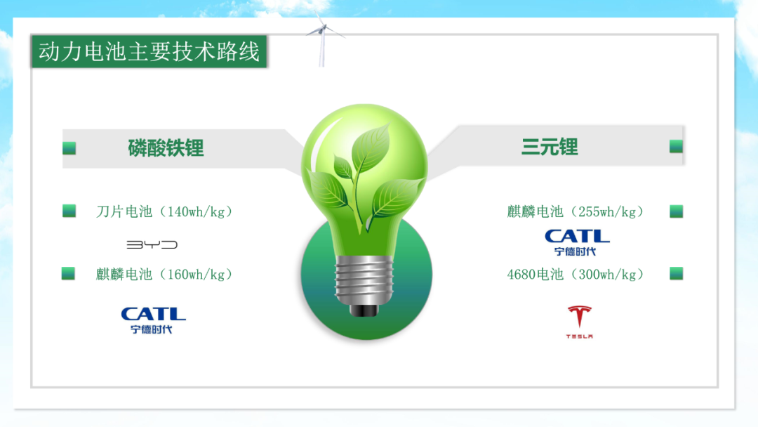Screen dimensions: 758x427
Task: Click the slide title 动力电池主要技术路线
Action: [x=149, y=51]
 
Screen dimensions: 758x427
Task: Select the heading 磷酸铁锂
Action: [x=166, y=148]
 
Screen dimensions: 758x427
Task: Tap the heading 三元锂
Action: [x=550, y=147]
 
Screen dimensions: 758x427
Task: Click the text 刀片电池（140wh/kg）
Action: [x=164, y=211]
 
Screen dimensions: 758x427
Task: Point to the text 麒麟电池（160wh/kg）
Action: [x=164, y=274]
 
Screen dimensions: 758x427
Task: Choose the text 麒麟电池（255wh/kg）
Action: [x=576, y=211]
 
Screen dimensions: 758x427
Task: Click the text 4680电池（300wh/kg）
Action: [x=576, y=274]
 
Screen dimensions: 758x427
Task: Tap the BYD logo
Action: [x=152, y=244]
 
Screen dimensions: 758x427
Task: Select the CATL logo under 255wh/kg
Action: [x=577, y=242]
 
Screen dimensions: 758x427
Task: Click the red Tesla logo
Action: [x=579, y=322]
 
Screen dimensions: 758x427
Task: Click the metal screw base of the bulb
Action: [x=364, y=280]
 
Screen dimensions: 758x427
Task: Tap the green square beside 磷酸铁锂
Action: [x=69, y=148]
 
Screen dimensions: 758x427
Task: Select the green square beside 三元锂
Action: [x=677, y=146]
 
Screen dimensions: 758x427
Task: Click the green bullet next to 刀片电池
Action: [x=69, y=211]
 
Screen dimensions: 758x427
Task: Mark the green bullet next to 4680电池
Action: [x=677, y=274]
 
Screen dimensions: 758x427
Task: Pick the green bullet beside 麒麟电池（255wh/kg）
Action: [x=677, y=211]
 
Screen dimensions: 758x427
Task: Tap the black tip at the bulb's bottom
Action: [x=364, y=310]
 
